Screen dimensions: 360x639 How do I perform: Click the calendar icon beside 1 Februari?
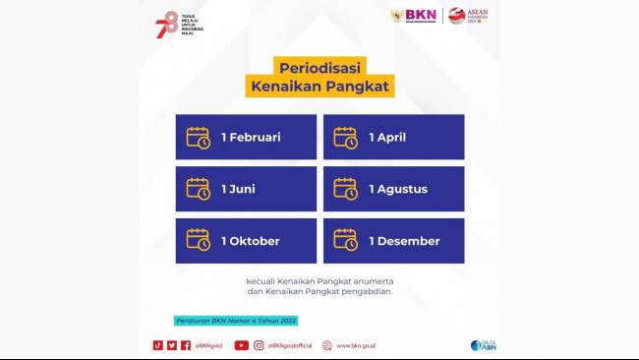pyautogui.click(x=199, y=137)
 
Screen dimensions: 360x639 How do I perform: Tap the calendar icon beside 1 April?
pyautogui.click(x=346, y=137)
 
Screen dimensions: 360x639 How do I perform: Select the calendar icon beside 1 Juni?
pyautogui.click(x=199, y=189)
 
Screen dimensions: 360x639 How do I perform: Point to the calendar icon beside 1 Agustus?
pyautogui.click(x=346, y=189)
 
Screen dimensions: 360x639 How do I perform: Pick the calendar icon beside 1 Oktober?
pyautogui.click(x=199, y=241)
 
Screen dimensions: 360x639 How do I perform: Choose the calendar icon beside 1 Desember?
pyautogui.click(x=346, y=241)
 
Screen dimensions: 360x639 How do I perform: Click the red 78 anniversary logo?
pyautogui.click(x=166, y=22)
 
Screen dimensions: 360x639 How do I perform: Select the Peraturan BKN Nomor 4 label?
pyautogui.click(x=235, y=321)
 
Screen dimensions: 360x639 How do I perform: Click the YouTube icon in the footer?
pyautogui.click(x=242, y=345)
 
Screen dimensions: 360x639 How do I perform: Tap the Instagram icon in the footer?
pyautogui.click(x=260, y=345)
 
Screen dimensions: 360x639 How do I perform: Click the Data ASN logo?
pyautogui.click(x=483, y=345)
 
